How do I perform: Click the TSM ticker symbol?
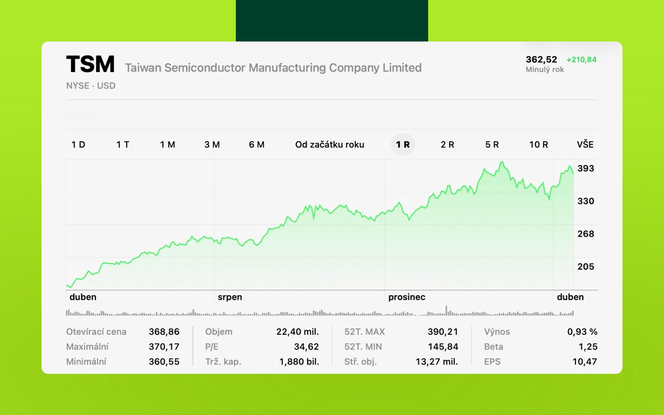(x=90, y=64)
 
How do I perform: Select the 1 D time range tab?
(x=78, y=145)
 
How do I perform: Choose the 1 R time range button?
(x=403, y=145)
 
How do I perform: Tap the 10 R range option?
(x=538, y=145)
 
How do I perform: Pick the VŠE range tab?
(x=585, y=145)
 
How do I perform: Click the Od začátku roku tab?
(x=329, y=145)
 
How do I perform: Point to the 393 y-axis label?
(x=585, y=168)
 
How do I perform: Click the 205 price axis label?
(x=585, y=267)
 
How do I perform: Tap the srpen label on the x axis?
(x=230, y=297)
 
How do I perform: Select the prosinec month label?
(x=406, y=297)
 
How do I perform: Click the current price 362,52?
(x=541, y=59)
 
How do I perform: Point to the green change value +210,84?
(x=581, y=59)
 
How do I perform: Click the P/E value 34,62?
(x=306, y=347)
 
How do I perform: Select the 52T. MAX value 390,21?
(x=443, y=332)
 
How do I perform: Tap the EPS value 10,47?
(x=584, y=362)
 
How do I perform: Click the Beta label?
(x=494, y=347)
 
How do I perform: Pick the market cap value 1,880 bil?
(x=299, y=362)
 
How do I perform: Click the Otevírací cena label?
(x=96, y=332)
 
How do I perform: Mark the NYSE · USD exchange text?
(x=91, y=86)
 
